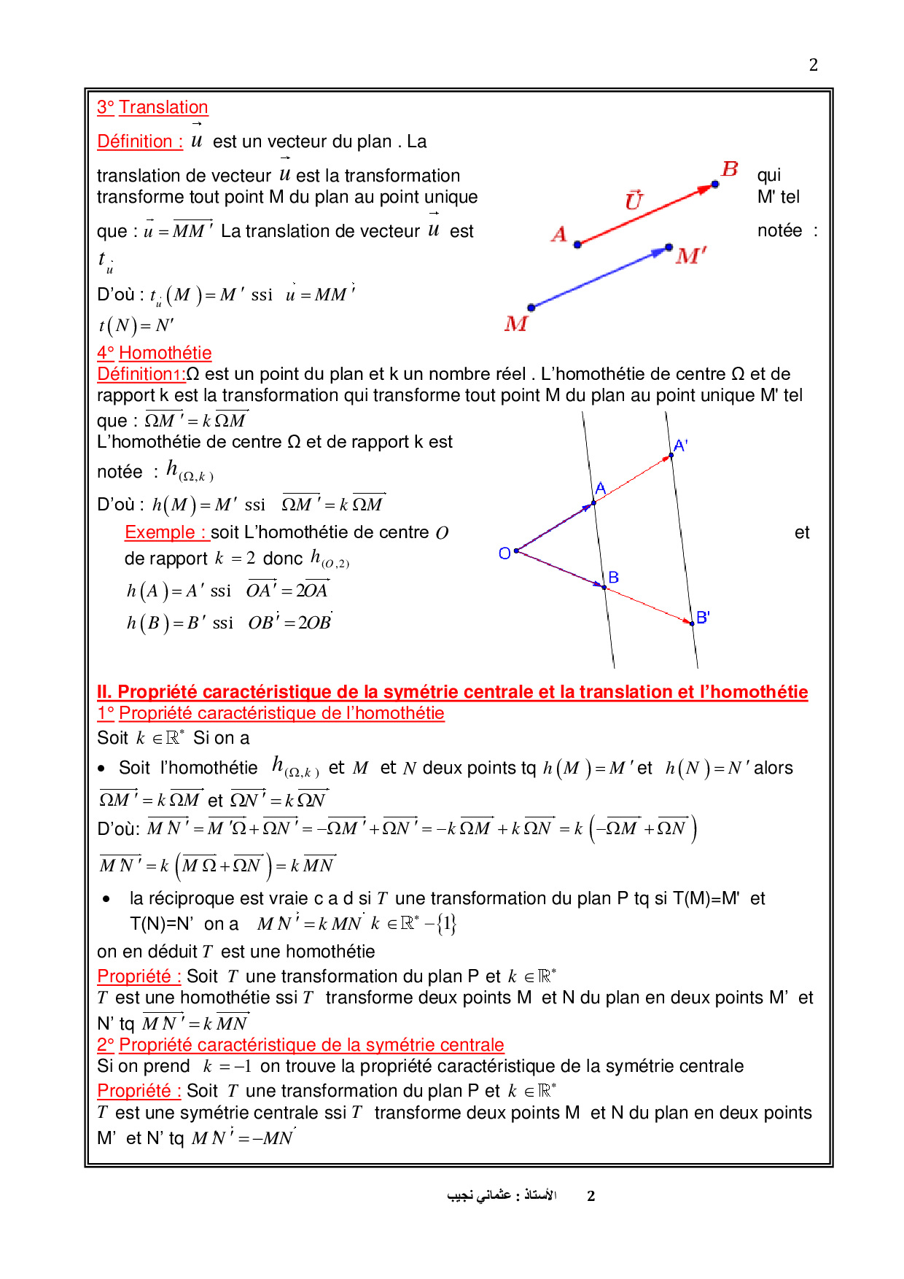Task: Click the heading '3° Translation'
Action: coord(152,107)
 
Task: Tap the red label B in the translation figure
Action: coord(730,169)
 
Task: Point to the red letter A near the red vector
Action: coord(559,234)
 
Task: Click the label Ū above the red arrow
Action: coord(634,200)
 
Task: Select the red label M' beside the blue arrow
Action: coord(690,256)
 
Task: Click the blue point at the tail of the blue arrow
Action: coord(531,308)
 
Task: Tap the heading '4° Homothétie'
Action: coord(154,353)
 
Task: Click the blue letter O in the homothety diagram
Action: coord(504,553)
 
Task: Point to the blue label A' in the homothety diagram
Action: coord(681,445)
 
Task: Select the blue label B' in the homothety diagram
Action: coord(703,617)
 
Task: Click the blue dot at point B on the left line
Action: coord(604,586)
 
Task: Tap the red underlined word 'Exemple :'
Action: coord(167,532)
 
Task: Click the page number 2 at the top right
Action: coord(814,65)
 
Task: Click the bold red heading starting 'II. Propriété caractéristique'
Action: coord(452,691)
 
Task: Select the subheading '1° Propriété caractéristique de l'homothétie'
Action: coord(270,713)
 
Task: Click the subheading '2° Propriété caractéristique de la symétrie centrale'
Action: coord(300,1045)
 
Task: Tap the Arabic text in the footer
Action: coord(502,1195)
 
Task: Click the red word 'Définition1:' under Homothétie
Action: coord(141,374)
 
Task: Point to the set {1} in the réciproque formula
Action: coord(447,924)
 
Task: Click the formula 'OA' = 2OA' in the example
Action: coord(287,590)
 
